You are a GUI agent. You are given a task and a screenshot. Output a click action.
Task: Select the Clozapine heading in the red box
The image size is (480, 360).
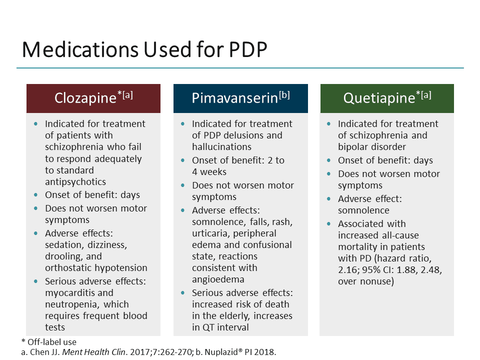[85, 98]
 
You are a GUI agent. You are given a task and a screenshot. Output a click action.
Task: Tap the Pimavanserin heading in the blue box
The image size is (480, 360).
[234, 98]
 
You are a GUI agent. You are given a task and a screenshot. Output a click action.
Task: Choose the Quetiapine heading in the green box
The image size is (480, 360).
[379, 98]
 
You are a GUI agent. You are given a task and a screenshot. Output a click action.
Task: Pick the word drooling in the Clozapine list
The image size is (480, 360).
[63, 256]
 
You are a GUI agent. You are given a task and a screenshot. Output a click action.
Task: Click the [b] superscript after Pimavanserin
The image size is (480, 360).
[284, 95]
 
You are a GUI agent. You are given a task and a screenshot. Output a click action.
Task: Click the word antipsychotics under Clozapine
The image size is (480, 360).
[75, 181]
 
